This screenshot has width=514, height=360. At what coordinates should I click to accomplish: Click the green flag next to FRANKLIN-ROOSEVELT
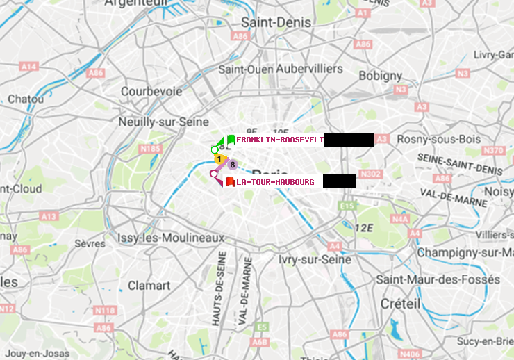[231, 140]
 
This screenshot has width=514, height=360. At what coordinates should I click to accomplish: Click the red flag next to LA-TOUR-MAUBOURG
[229, 182]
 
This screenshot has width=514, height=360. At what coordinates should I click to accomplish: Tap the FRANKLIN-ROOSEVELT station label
[279, 140]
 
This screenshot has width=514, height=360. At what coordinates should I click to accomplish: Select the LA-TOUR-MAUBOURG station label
[275, 182]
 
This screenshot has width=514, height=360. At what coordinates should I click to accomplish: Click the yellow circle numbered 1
[218, 159]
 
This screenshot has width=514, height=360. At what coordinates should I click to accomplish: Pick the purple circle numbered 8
[233, 165]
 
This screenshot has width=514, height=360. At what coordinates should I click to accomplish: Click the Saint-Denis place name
[276, 22]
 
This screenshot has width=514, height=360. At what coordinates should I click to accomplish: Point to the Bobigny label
[380, 75]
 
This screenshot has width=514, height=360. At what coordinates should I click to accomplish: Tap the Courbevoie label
[151, 91]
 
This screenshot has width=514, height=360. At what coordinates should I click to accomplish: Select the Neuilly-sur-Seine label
[165, 121]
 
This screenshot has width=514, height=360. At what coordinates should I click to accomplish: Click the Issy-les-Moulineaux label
[171, 238]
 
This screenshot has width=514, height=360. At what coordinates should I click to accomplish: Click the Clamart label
[149, 286]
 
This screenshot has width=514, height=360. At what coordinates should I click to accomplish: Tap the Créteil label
[400, 304]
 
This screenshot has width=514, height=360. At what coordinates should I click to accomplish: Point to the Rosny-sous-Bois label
[438, 140]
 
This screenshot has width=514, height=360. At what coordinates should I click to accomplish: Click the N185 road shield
[150, 148]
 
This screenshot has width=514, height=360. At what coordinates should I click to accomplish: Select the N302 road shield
[371, 174]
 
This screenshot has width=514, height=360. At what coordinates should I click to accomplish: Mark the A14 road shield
[28, 66]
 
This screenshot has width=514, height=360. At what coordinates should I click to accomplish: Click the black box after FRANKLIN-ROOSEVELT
[349, 140]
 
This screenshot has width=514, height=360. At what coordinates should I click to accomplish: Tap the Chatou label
[26, 99]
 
